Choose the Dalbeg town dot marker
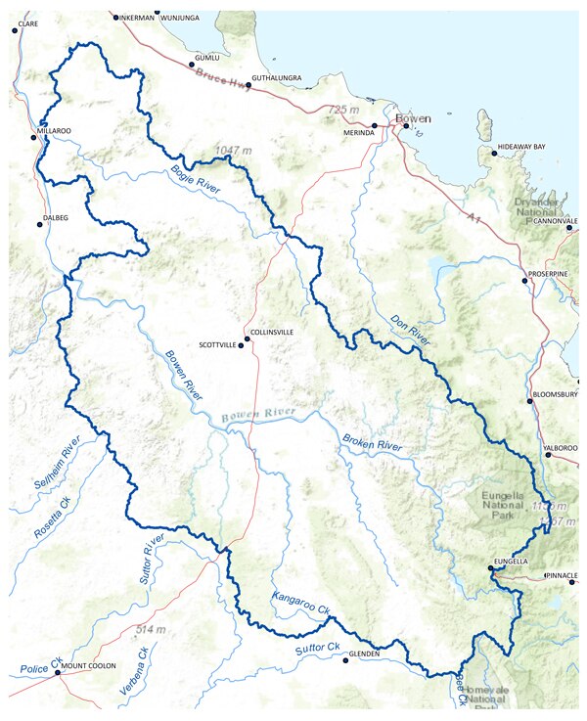click(40, 225)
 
